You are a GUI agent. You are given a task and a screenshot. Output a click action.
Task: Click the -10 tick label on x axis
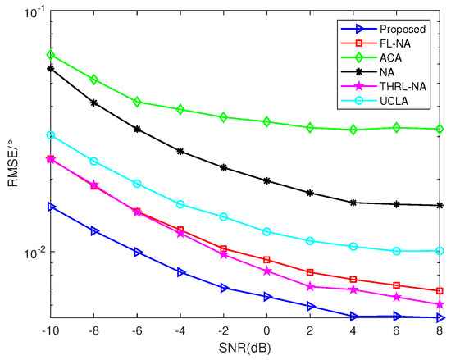[51, 330]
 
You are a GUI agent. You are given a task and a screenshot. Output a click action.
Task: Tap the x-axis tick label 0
[266, 330]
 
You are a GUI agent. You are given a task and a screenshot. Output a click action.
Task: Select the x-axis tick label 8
[440, 330]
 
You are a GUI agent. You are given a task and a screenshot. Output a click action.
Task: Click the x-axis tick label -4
[180, 330]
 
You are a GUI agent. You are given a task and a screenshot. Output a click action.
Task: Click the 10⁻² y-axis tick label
[33, 253]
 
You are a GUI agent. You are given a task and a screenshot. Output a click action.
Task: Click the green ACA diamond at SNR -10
[51, 55]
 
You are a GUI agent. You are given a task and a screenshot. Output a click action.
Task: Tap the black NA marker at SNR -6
[137, 129]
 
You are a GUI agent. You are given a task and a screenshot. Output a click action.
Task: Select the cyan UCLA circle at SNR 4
[353, 246]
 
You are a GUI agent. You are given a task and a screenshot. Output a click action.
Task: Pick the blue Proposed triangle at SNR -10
[51, 207]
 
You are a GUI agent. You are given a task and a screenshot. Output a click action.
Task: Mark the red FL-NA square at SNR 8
[440, 291]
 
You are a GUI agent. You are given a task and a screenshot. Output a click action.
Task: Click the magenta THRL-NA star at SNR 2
[310, 286]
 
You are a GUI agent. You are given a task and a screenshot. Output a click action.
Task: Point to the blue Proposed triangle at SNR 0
[266, 297]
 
